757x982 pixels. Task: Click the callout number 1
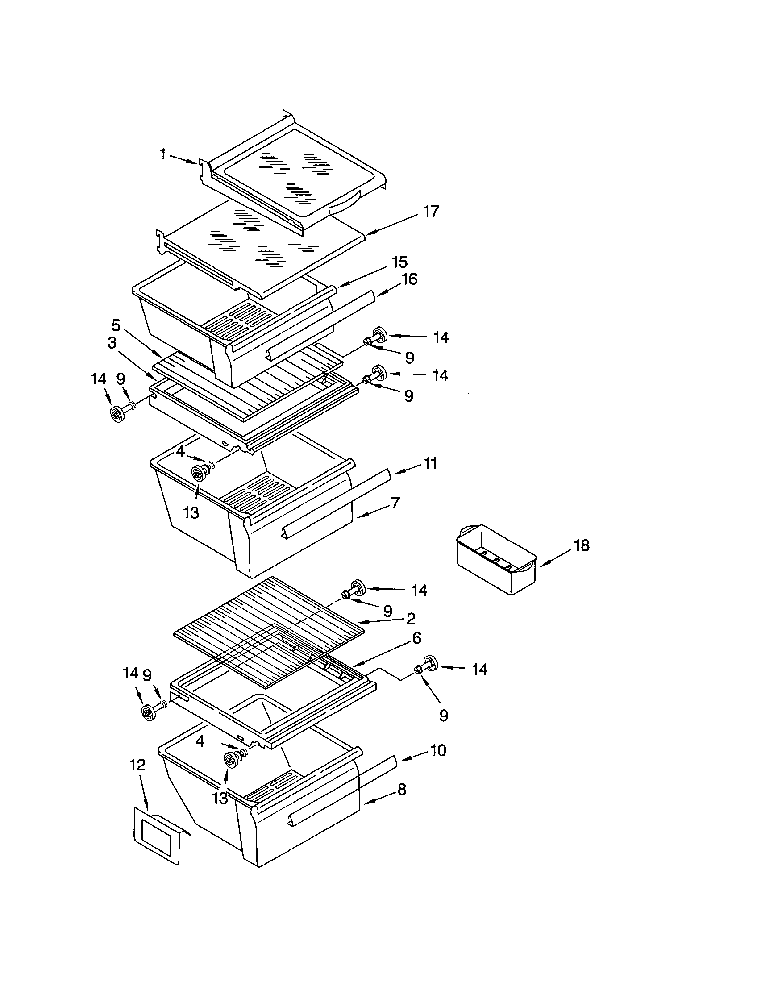(x=163, y=154)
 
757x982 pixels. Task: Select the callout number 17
(x=431, y=211)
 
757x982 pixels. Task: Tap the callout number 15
(x=399, y=262)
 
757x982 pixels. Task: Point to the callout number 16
(x=409, y=279)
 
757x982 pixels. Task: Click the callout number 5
(x=116, y=325)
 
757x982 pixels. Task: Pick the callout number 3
(x=112, y=343)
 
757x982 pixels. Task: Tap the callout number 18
(x=581, y=545)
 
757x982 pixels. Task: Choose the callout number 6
(x=416, y=637)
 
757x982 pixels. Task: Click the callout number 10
(x=438, y=750)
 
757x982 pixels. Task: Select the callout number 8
(x=401, y=789)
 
